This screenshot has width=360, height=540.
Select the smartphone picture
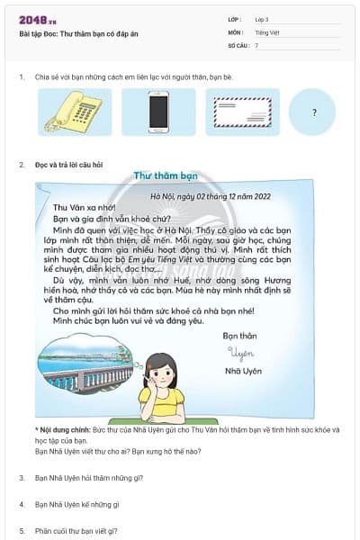[x=158, y=112]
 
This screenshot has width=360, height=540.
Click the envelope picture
[x=242, y=112]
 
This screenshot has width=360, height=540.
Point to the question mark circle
[x=313, y=113]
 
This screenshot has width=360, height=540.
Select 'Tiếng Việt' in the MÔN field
[x=267, y=31]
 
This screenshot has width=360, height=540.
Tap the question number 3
[x=22, y=478]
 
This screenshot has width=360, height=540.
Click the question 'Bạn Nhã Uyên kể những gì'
[x=76, y=505]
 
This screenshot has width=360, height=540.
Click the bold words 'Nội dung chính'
[x=65, y=430]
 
